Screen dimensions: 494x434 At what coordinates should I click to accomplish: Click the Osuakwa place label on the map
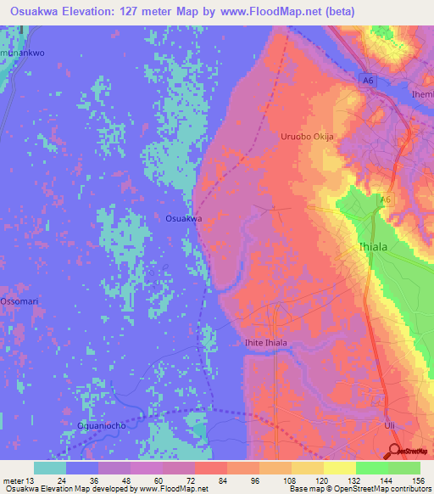pyautogui.click(x=183, y=218)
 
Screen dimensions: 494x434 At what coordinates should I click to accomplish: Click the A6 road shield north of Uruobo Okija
pyautogui.click(x=366, y=81)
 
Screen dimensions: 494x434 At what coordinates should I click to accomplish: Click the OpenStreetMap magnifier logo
pyautogui.click(x=393, y=450)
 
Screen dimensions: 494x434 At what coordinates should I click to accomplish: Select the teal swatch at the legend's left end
pyautogui.click(x=50, y=468)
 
